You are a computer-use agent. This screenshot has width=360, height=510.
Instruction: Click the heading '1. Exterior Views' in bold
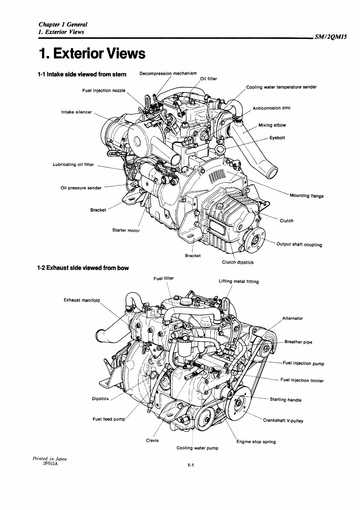pyautogui.click(x=91, y=53)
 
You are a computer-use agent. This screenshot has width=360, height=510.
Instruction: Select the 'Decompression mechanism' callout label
pyautogui.click(x=168, y=73)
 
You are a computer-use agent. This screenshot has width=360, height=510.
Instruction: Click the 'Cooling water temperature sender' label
pyautogui.click(x=281, y=87)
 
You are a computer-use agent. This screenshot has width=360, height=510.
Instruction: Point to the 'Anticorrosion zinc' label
pyautogui.click(x=271, y=108)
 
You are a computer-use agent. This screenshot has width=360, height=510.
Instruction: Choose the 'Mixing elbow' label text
pyautogui.click(x=272, y=125)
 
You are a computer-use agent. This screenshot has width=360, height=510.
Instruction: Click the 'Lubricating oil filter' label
pyautogui.click(x=73, y=164)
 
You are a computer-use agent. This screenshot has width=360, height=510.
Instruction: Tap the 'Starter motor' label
pyautogui.click(x=126, y=230)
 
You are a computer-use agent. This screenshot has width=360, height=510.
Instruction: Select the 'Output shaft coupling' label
pyautogui.click(x=299, y=245)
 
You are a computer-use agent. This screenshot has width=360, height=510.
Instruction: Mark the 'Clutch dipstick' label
pyautogui.click(x=237, y=262)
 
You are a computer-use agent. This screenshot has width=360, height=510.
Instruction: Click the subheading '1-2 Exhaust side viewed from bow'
pyautogui.click(x=83, y=268)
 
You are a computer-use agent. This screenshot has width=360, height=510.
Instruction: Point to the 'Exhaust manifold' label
pyautogui.click(x=82, y=300)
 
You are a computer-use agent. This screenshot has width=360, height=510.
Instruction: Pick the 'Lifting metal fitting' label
pyautogui.click(x=239, y=282)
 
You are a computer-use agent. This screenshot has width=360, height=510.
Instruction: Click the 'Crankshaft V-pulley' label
pyautogui.click(x=283, y=421)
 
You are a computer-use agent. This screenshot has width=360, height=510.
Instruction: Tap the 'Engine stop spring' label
pyautogui.click(x=256, y=442)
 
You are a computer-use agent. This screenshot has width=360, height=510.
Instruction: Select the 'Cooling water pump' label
pyautogui.click(x=197, y=448)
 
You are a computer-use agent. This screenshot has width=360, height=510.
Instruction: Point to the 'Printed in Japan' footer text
pyautogui.click(x=50, y=459)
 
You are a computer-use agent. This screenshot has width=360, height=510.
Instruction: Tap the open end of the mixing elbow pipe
pyautogui.click(x=273, y=173)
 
